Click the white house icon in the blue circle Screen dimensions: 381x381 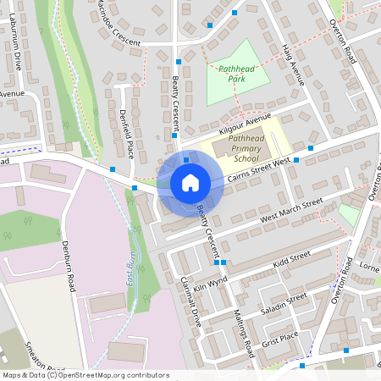[x=190, y=183]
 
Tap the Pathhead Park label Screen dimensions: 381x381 [x=237, y=71]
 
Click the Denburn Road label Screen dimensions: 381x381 [x=70, y=264]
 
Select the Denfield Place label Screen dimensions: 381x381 [x=127, y=134]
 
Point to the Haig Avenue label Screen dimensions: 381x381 [x=291, y=64]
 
